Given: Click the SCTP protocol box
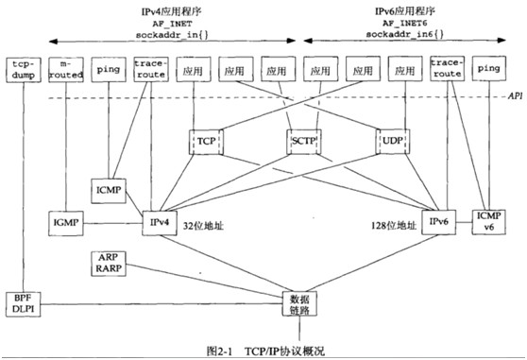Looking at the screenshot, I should [302, 140].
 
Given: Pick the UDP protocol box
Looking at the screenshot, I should [393, 140].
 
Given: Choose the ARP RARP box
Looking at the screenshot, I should [107, 263].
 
